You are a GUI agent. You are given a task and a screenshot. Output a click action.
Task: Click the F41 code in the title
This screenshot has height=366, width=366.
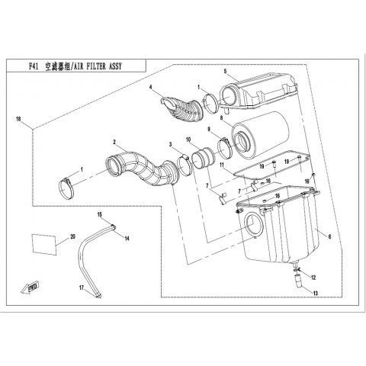point(34,66)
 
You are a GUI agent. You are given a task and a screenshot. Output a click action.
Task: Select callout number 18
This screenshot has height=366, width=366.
point(18,119)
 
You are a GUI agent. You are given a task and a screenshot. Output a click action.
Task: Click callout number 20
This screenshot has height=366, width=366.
point(73,236)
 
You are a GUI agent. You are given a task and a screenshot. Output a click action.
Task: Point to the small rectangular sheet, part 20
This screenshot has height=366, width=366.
point(43,244)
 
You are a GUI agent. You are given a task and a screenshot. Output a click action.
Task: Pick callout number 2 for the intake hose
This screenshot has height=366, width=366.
point(114,142)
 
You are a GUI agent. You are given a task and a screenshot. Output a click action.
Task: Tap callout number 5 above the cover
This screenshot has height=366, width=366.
point(225,71)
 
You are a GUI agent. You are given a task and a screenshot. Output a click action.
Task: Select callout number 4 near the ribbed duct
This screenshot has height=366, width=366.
point(150,87)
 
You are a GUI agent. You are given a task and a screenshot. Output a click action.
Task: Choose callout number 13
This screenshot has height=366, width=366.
point(316,294)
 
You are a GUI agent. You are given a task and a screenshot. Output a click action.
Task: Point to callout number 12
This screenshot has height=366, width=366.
point(313,278)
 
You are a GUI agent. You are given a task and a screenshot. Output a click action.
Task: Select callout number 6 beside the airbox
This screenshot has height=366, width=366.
point(329,236)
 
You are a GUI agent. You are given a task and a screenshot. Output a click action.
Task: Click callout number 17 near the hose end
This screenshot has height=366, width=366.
point(82,287)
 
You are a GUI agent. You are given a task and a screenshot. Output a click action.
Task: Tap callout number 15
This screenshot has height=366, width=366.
point(100,214)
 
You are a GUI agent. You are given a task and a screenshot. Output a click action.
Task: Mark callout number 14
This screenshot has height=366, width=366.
point(127,239)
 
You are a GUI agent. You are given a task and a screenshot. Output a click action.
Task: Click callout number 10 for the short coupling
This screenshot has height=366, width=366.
point(188,140)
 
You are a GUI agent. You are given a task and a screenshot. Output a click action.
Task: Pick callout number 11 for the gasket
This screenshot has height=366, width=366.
point(222,165)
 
